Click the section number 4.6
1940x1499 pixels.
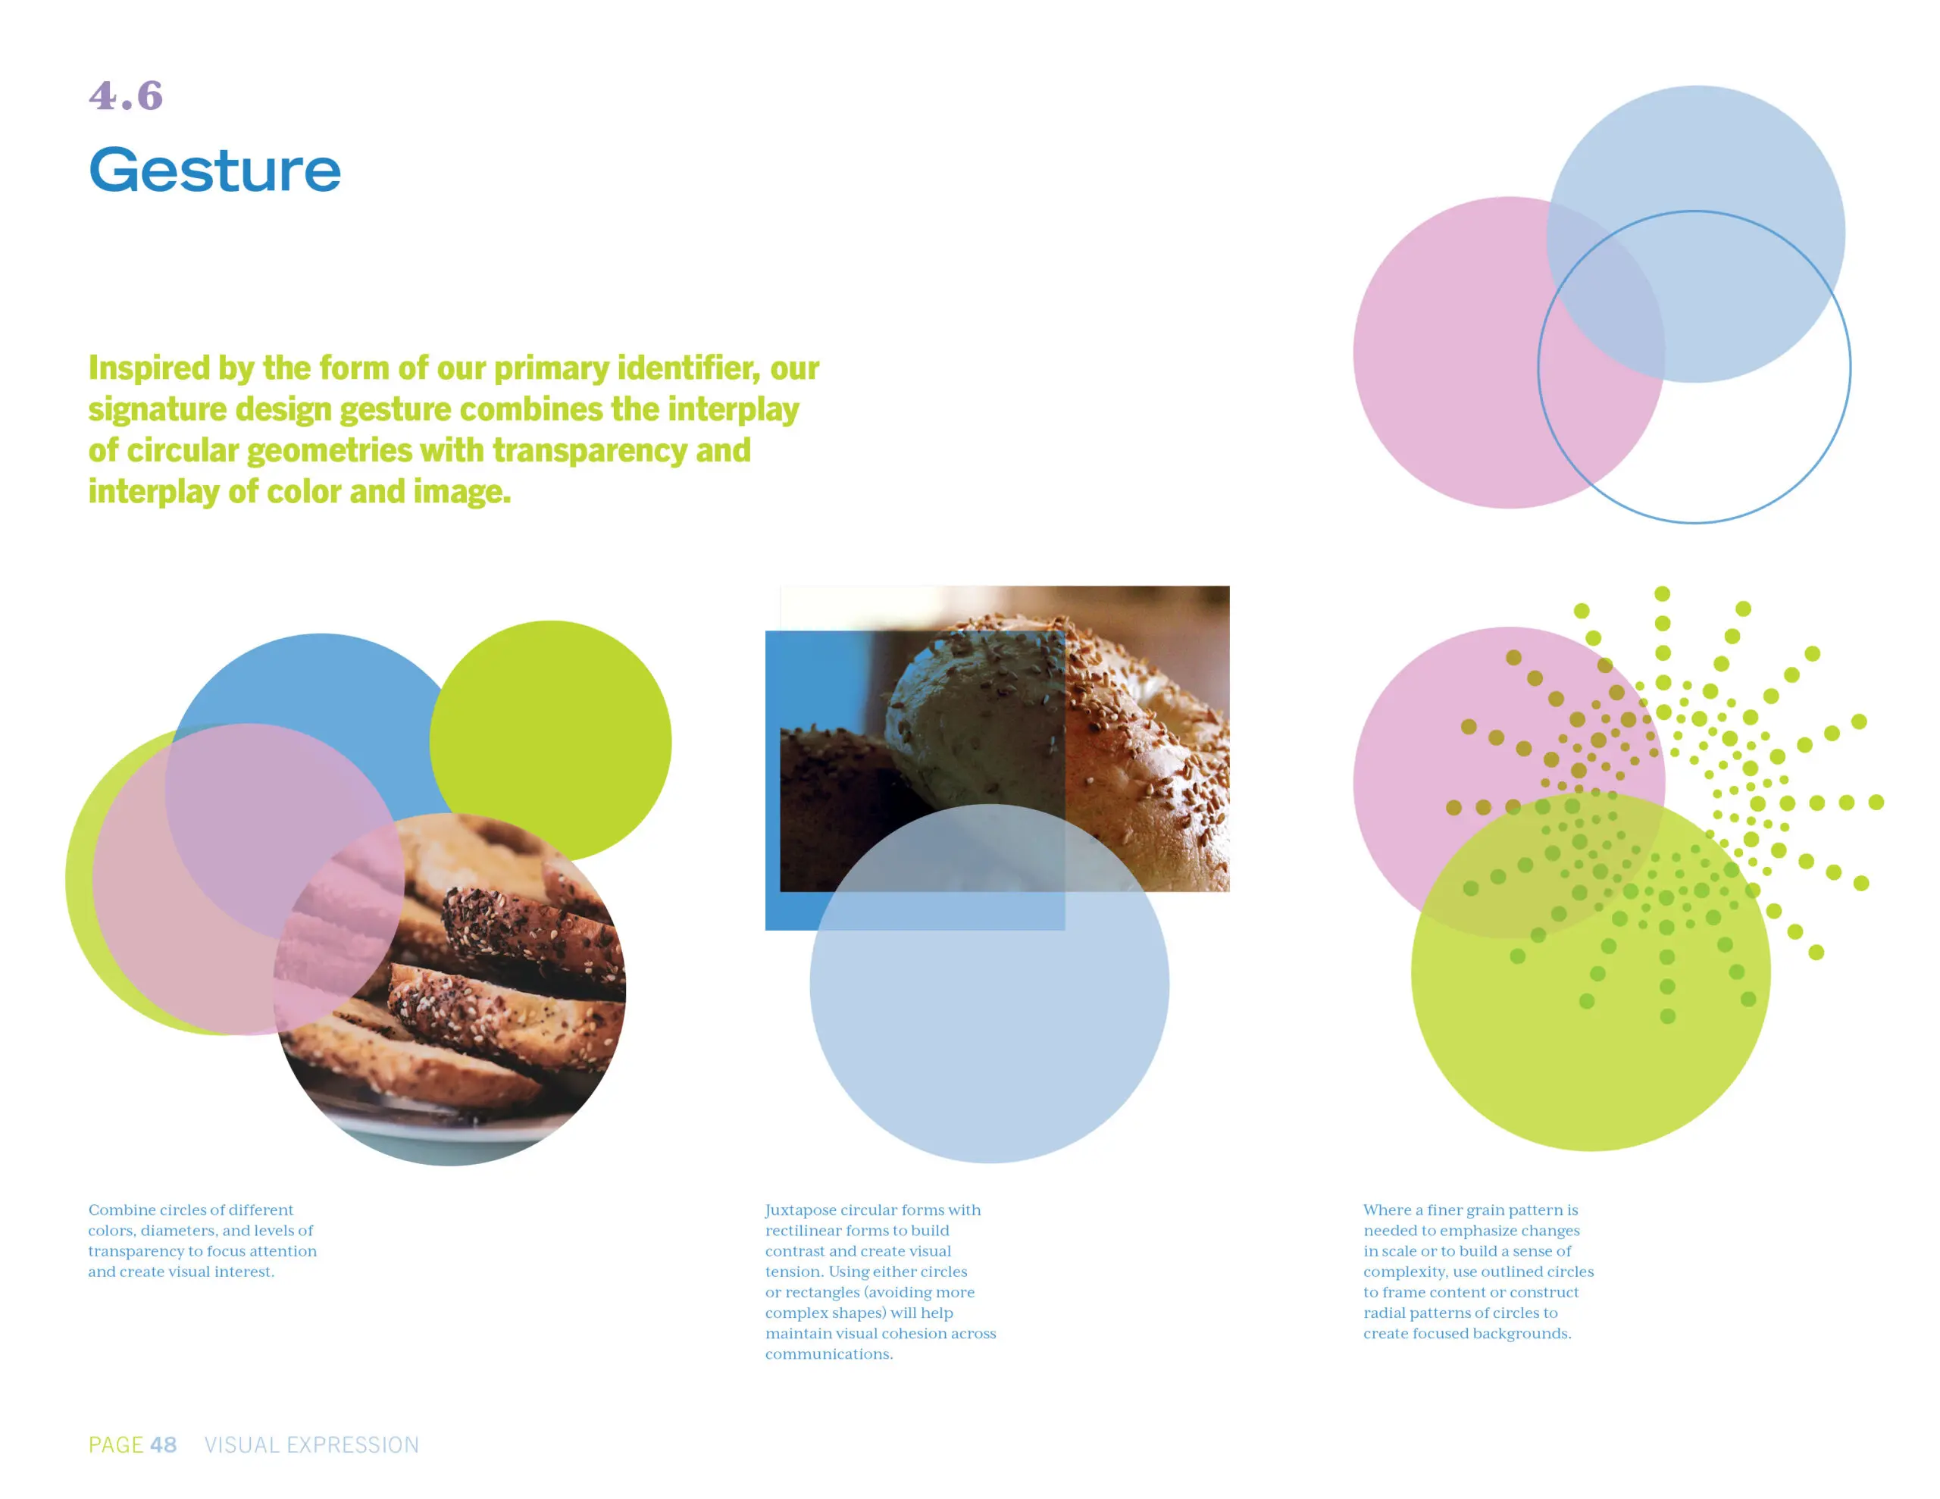point(125,96)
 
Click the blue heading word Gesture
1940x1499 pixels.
point(215,170)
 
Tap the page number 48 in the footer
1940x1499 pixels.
point(164,1444)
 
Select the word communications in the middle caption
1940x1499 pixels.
point(829,1354)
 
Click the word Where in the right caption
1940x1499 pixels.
point(1387,1210)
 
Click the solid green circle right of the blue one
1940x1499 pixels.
point(551,741)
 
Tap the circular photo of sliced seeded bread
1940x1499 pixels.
point(449,989)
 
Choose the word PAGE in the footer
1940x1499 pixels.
point(115,1444)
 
